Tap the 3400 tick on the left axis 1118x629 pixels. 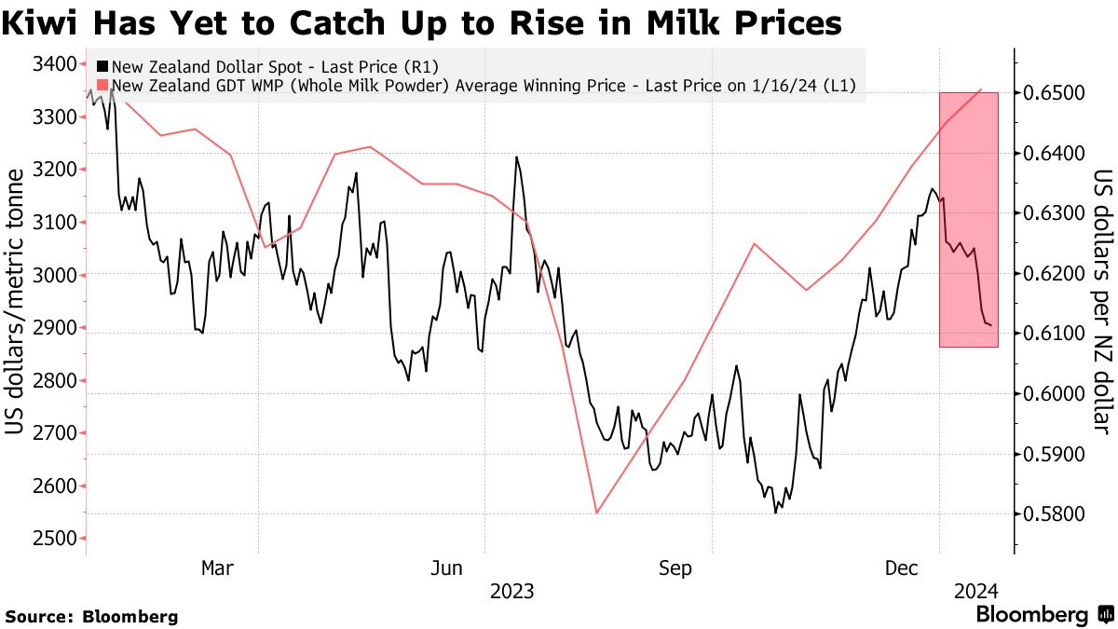(x=51, y=64)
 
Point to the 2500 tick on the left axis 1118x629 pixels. (x=51, y=539)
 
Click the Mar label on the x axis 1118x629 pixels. (x=217, y=567)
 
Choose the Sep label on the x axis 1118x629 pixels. (x=675, y=567)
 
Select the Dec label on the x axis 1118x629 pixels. (x=901, y=567)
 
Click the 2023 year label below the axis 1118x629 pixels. (x=511, y=592)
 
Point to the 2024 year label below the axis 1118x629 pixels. (x=975, y=592)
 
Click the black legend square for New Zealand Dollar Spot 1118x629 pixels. (x=102, y=67)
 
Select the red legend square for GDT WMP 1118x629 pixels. (x=102, y=87)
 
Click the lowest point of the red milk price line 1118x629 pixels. (x=596, y=513)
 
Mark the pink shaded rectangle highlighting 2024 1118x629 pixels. (x=968, y=219)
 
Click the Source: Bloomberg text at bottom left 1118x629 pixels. (x=91, y=616)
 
